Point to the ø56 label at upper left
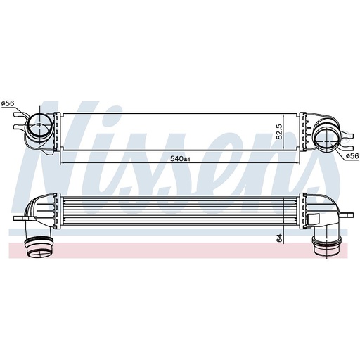[x=8, y=105]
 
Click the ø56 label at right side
[x=352, y=156]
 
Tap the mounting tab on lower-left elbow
[x=19, y=219]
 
